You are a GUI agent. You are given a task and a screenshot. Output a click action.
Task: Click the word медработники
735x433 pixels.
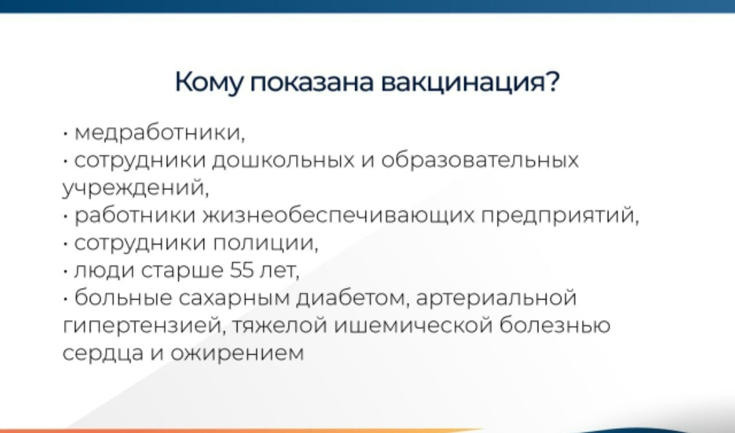point(160,133)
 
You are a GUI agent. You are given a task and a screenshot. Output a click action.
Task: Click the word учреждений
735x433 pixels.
point(135,188)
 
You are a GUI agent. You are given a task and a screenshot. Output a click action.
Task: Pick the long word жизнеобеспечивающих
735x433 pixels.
point(338,215)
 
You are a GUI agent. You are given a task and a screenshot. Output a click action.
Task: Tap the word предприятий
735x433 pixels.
point(560,216)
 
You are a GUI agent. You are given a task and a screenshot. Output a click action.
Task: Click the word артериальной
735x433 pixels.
point(496,298)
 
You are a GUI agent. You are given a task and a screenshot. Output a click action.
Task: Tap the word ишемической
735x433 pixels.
point(413,325)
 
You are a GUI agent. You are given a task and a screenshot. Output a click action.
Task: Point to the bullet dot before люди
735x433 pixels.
point(65,272)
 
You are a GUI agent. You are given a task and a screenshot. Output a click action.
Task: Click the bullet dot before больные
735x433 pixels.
point(65,299)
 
